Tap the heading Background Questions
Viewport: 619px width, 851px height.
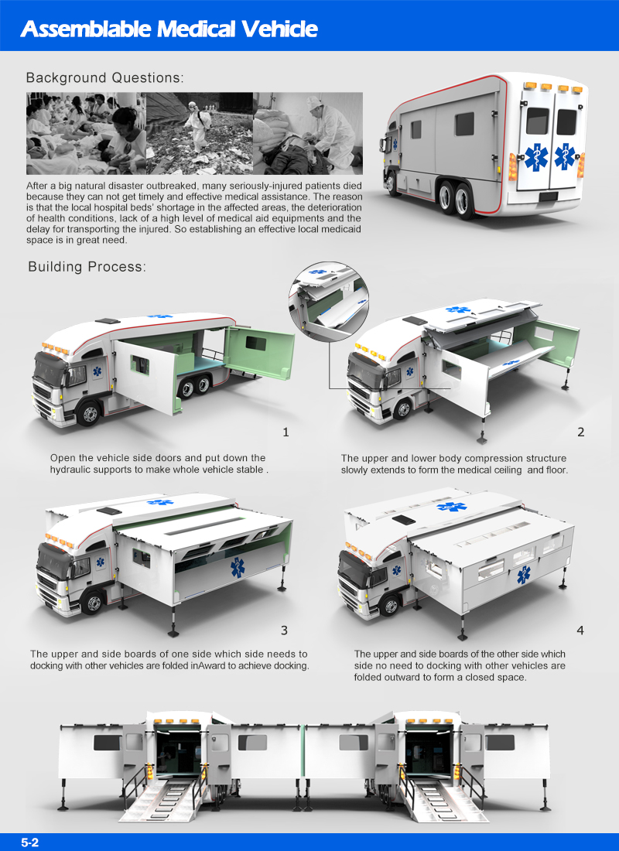click(x=104, y=78)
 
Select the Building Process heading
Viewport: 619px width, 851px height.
click(x=86, y=267)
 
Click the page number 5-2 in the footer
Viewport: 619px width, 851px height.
click(x=30, y=842)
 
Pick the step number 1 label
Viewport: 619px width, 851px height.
click(x=286, y=432)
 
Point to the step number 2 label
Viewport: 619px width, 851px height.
click(x=580, y=432)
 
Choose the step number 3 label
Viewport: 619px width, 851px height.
click(x=285, y=631)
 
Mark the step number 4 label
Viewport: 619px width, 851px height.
click(x=580, y=631)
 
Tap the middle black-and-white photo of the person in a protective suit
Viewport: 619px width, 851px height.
click(x=200, y=133)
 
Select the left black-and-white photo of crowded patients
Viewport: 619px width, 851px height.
click(x=86, y=133)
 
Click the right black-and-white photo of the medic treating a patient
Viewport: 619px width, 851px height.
click(x=308, y=133)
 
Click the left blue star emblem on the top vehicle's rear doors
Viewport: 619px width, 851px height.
click(x=536, y=157)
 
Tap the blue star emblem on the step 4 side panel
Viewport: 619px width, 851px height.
click(x=525, y=575)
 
